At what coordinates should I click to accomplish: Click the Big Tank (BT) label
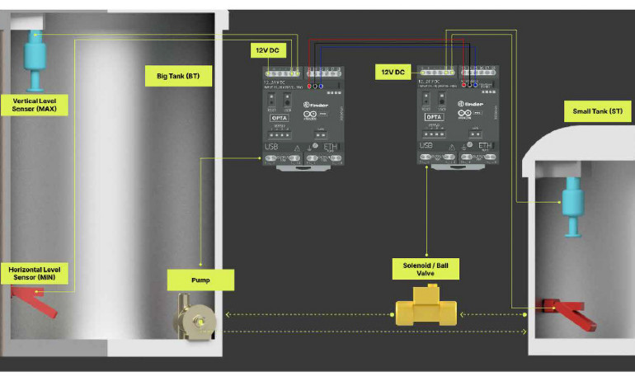click(x=178, y=77)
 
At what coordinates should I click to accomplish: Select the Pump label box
click(x=200, y=280)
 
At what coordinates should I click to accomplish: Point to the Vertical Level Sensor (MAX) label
click(x=35, y=104)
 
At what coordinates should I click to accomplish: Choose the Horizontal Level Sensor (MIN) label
click(x=35, y=274)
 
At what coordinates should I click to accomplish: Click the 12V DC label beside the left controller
click(x=268, y=50)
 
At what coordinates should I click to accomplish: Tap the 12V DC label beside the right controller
click(x=393, y=73)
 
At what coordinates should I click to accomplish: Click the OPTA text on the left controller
click(x=278, y=117)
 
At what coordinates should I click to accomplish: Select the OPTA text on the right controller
click(x=435, y=117)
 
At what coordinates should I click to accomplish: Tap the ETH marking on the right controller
click(x=486, y=147)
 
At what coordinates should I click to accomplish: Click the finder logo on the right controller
click(x=478, y=105)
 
